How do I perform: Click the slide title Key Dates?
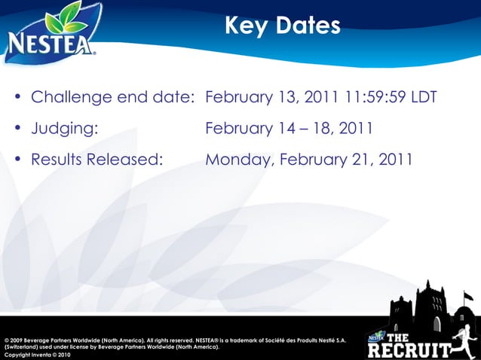(x=282, y=26)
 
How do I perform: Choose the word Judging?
(x=65, y=129)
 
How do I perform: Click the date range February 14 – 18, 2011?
(x=289, y=129)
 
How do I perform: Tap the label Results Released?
(x=97, y=160)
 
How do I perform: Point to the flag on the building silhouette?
(x=468, y=294)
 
